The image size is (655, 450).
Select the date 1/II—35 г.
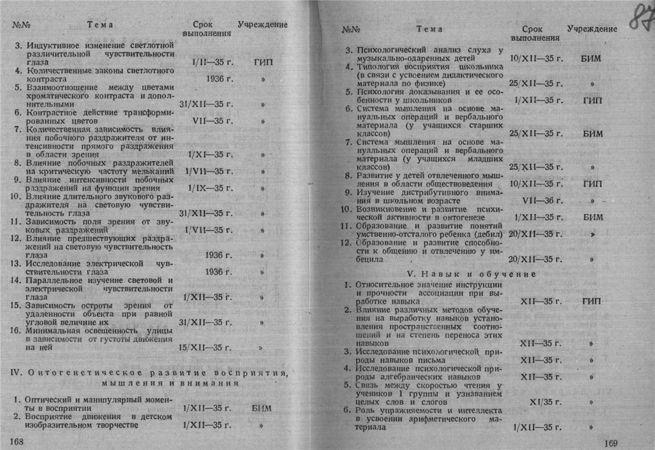205,62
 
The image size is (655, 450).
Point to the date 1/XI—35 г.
205,155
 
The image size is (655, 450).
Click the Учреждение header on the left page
262,25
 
